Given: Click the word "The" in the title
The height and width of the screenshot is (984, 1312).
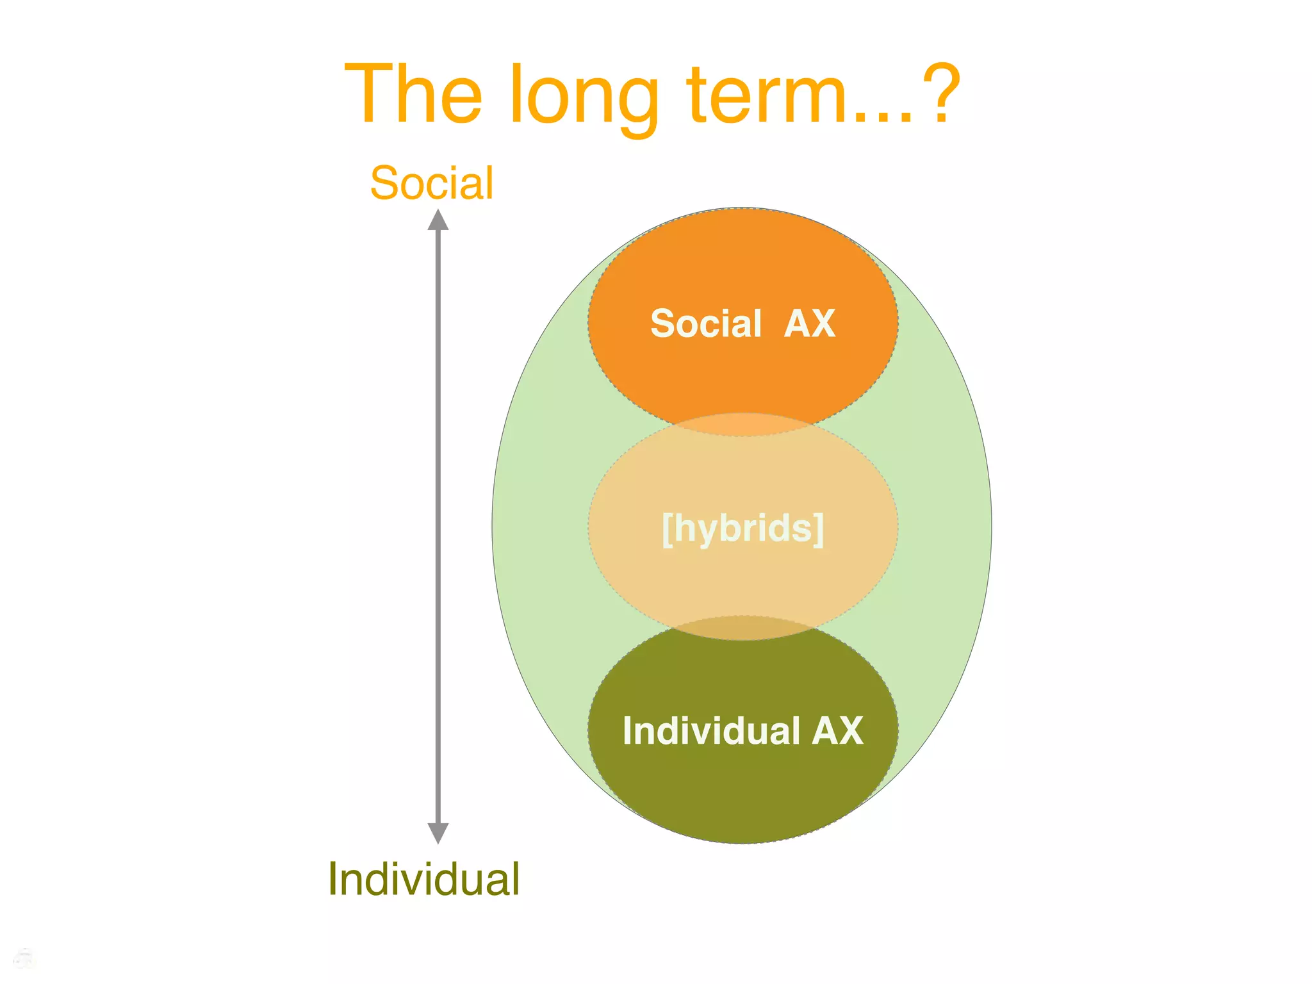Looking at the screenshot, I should coord(413,94).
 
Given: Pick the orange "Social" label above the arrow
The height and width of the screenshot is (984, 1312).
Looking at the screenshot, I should coord(432,183).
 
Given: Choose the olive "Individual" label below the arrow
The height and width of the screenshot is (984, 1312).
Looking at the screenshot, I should coord(423,879).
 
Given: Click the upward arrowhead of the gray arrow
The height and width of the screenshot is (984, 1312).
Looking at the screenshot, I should coord(438,220).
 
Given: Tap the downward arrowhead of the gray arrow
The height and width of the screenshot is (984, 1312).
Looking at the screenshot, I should coord(438,833).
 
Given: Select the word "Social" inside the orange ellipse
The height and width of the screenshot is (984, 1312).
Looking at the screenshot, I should coord(705,324).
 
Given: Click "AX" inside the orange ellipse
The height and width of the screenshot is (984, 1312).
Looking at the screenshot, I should coord(810,324).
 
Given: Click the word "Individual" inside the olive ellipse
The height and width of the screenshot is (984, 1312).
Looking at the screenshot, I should coord(711,730).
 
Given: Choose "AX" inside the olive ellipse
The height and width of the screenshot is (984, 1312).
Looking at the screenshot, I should coord(837,730).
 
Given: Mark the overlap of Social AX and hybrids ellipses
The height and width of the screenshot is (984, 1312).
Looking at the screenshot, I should coord(743,425).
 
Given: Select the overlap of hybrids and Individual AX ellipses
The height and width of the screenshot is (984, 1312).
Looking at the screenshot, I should coord(743,628).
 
